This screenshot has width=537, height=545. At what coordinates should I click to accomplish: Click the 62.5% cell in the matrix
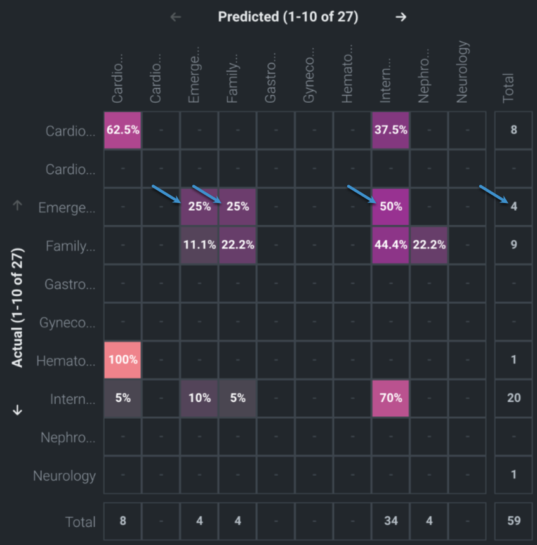tap(123, 130)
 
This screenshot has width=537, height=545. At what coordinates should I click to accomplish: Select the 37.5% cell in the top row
tap(391, 130)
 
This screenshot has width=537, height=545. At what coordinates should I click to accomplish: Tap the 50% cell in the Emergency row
tap(391, 206)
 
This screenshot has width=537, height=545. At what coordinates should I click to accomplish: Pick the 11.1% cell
tap(199, 244)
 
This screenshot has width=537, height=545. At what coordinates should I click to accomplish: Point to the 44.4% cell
tap(391, 244)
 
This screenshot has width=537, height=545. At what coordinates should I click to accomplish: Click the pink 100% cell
tap(123, 359)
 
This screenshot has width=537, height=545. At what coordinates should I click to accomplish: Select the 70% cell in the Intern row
tap(391, 398)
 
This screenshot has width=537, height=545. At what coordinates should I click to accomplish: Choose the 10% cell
tap(199, 398)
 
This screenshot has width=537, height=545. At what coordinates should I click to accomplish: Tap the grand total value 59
tap(514, 521)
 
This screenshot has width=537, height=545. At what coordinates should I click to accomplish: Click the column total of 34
tap(391, 521)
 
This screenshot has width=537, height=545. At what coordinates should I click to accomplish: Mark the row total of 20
tap(514, 398)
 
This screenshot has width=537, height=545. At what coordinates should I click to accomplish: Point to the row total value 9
tap(514, 244)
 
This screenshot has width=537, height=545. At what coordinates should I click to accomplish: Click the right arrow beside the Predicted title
tap(401, 17)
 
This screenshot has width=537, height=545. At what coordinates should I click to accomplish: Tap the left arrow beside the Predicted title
tap(176, 17)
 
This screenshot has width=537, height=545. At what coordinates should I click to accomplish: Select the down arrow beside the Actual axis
tap(18, 410)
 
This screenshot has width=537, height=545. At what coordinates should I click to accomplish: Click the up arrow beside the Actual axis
tap(18, 206)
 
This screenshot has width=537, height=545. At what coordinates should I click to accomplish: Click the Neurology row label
tap(65, 475)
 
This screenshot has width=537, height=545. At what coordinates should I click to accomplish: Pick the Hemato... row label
tap(66, 360)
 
